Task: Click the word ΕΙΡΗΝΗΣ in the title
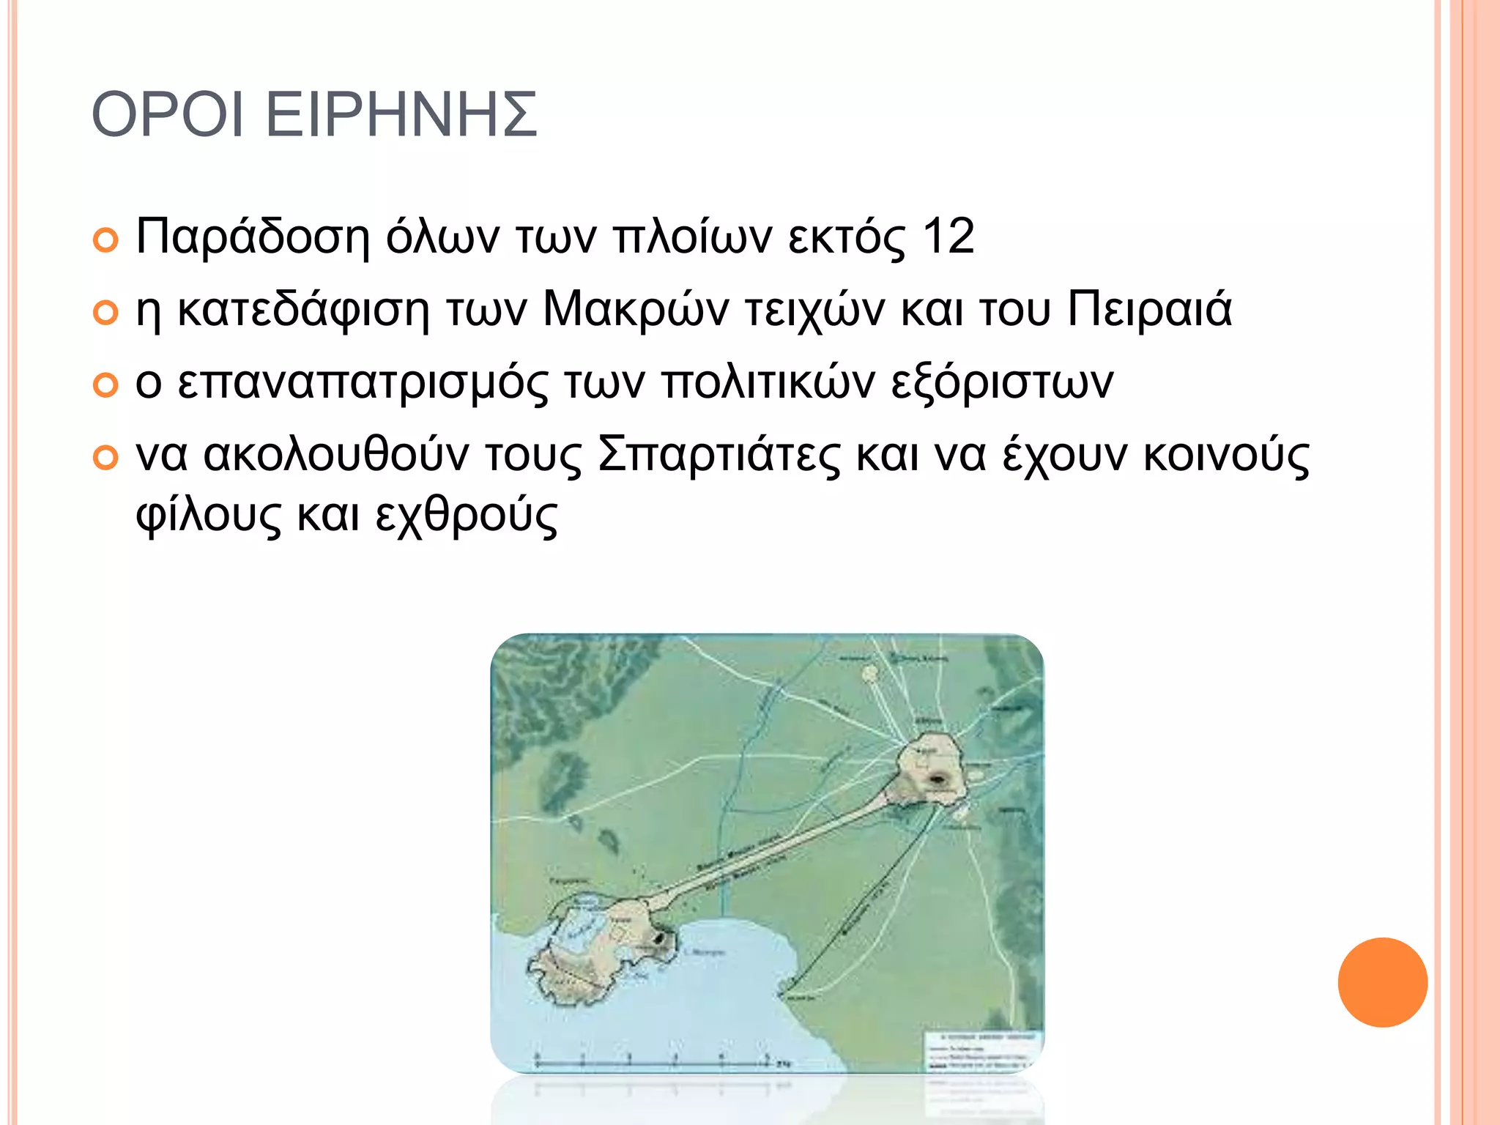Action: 401,116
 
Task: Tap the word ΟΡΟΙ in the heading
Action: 167,116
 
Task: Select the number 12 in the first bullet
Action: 948,237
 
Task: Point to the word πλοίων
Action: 692,237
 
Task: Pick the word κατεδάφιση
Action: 303,309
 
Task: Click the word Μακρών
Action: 636,309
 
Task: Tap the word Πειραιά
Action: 1149,309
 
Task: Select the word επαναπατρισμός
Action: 363,382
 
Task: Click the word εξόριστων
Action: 1002,382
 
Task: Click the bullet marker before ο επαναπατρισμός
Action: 105,385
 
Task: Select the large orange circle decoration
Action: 1382,982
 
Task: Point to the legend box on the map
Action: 984,1053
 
